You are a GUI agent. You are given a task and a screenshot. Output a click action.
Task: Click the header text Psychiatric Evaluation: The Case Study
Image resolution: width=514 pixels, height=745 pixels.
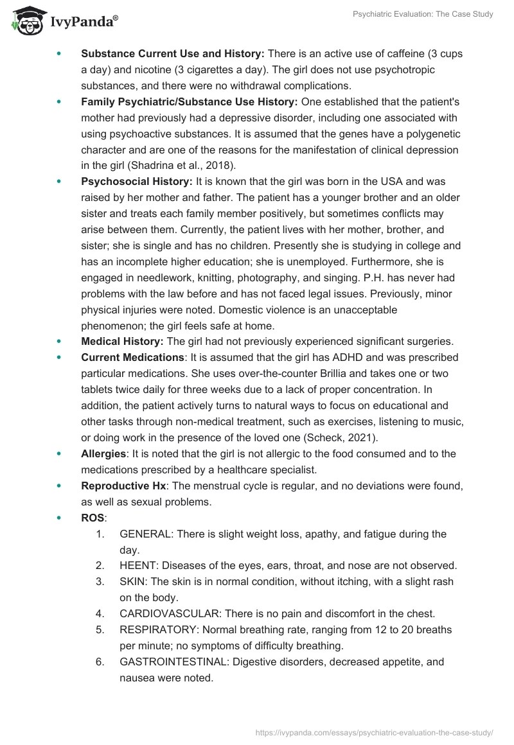pos(423,14)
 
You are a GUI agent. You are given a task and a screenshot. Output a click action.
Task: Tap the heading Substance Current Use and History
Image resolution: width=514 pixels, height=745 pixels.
pos(173,53)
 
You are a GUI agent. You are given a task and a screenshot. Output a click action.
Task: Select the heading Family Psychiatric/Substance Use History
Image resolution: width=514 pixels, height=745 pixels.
pos(189,101)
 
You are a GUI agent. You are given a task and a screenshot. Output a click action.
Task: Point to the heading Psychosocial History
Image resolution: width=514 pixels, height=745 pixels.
pos(136,182)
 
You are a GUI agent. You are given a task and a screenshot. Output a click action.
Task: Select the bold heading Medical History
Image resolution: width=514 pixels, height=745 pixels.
pos(122,341)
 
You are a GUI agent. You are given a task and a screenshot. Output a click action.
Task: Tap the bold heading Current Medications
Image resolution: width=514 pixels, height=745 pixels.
pos(132,357)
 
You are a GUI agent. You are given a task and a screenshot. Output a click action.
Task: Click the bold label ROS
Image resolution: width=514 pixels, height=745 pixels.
pos(93,518)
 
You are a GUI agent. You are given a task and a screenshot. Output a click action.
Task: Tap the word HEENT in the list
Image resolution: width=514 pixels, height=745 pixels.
pos(138,566)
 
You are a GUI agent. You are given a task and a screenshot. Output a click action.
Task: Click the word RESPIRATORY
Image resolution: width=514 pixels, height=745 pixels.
pos(152,629)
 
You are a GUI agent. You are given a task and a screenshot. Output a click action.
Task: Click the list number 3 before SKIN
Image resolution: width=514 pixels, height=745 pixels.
pos(100,582)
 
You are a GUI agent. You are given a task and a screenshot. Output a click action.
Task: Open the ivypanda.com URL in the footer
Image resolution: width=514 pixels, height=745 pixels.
pos(374,732)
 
